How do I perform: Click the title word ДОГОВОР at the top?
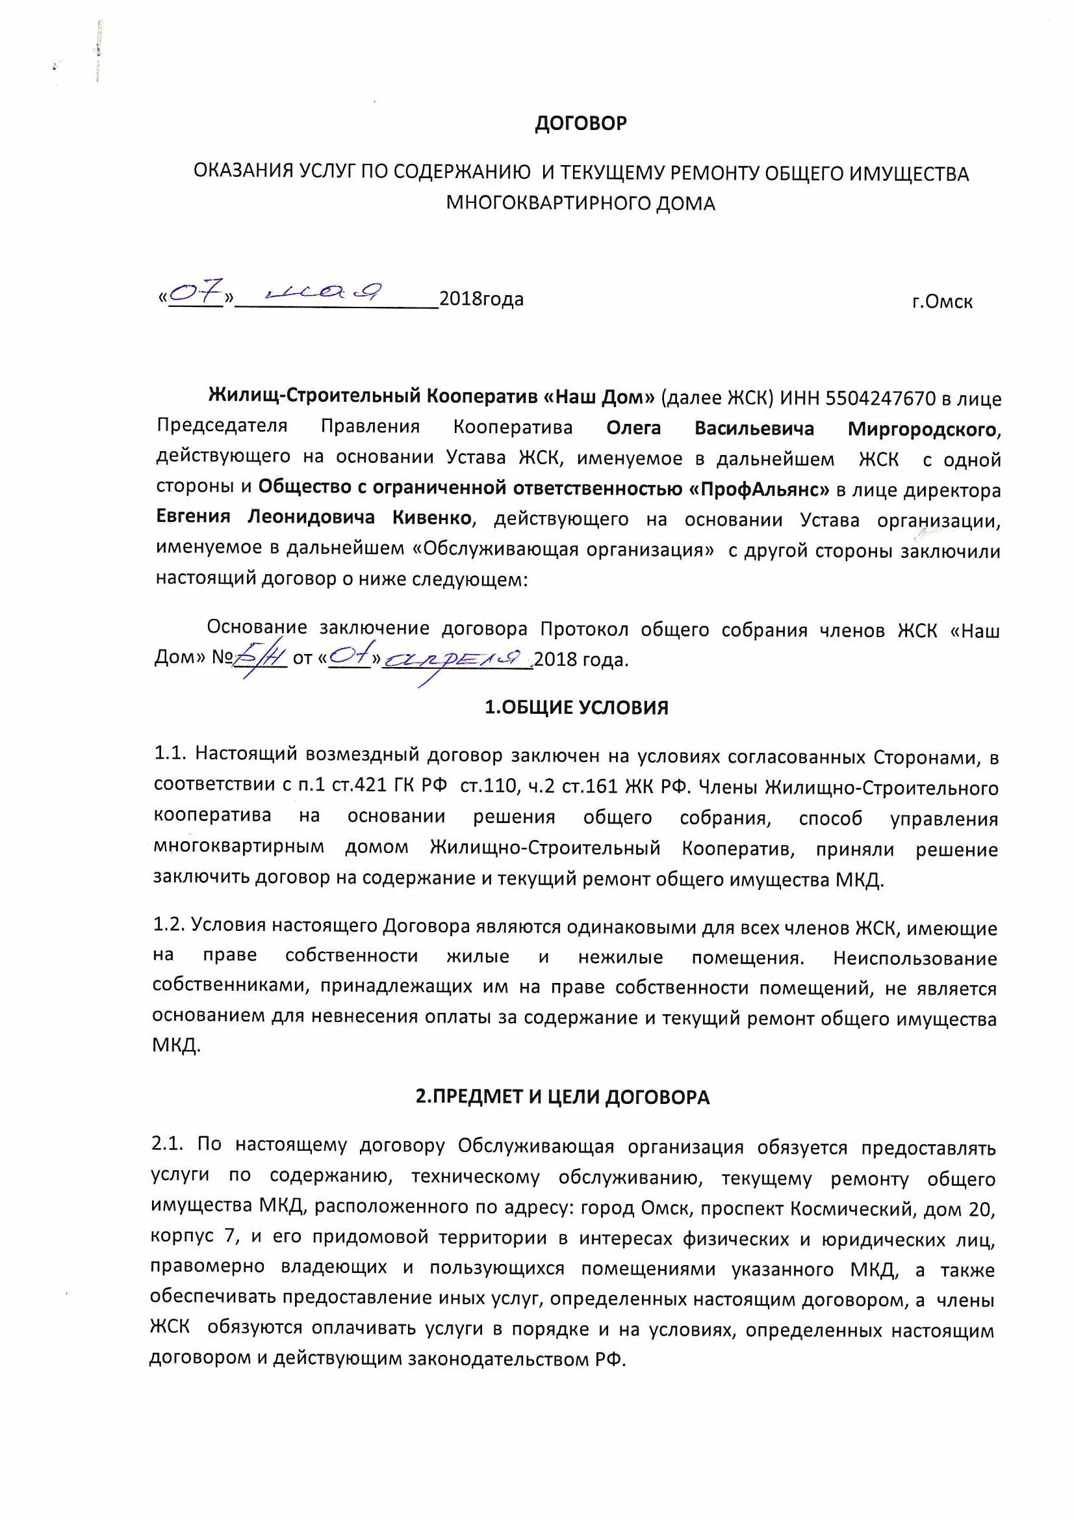pyautogui.click(x=580, y=124)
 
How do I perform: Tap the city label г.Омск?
pyautogui.click(x=941, y=302)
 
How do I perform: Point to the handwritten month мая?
pyautogui.click(x=323, y=291)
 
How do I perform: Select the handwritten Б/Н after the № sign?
pyautogui.click(x=260, y=657)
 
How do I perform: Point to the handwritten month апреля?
pyautogui.click(x=457, y=657)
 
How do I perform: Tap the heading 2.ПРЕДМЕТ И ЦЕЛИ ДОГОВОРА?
pyautogui.click(x=563, y=1097)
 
